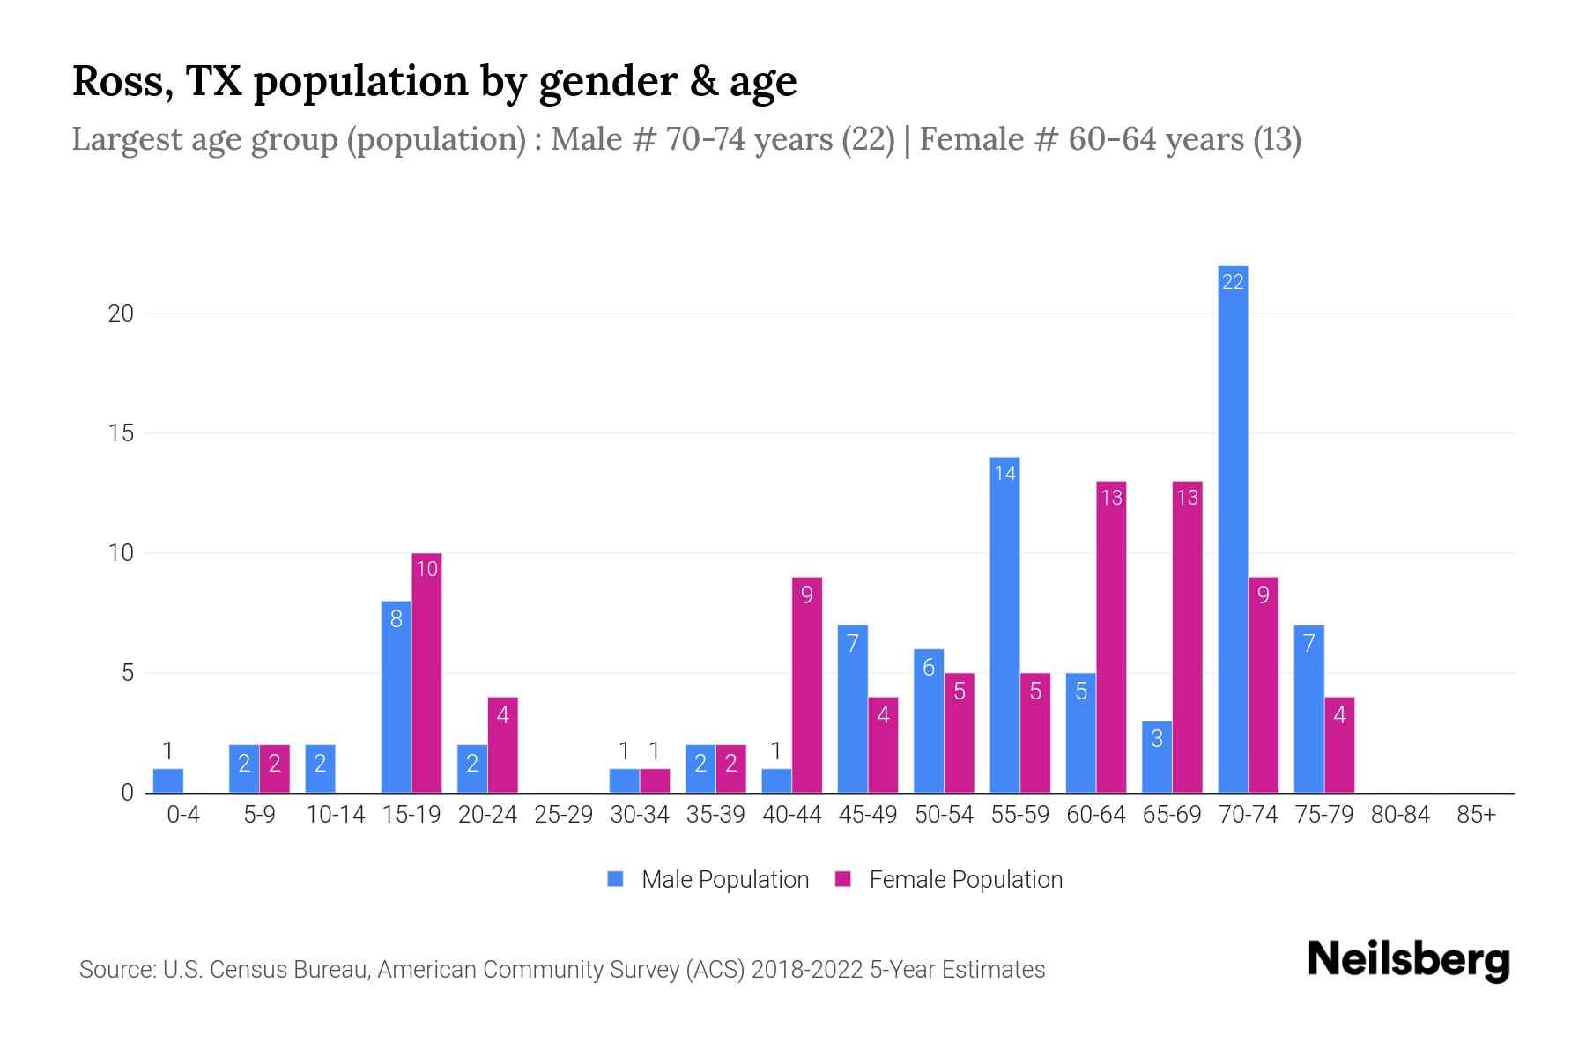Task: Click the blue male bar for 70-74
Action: point(1233,528)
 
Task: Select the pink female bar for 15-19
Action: point(426,674)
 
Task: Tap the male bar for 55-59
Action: point(1004,625)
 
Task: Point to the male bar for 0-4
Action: point(168,781)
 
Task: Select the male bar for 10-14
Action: point(320,769)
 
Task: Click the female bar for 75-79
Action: point(1339,745)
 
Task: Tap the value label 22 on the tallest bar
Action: point(1233,282)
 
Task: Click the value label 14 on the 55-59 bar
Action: point(1004,473)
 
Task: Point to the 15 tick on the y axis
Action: point(121,433)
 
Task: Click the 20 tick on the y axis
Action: point(121,314)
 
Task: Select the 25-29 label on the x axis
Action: point(564,815)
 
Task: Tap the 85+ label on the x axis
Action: point(1476,815)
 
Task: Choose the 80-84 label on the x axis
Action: point(1400,815)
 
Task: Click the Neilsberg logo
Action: point(1408,960)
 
